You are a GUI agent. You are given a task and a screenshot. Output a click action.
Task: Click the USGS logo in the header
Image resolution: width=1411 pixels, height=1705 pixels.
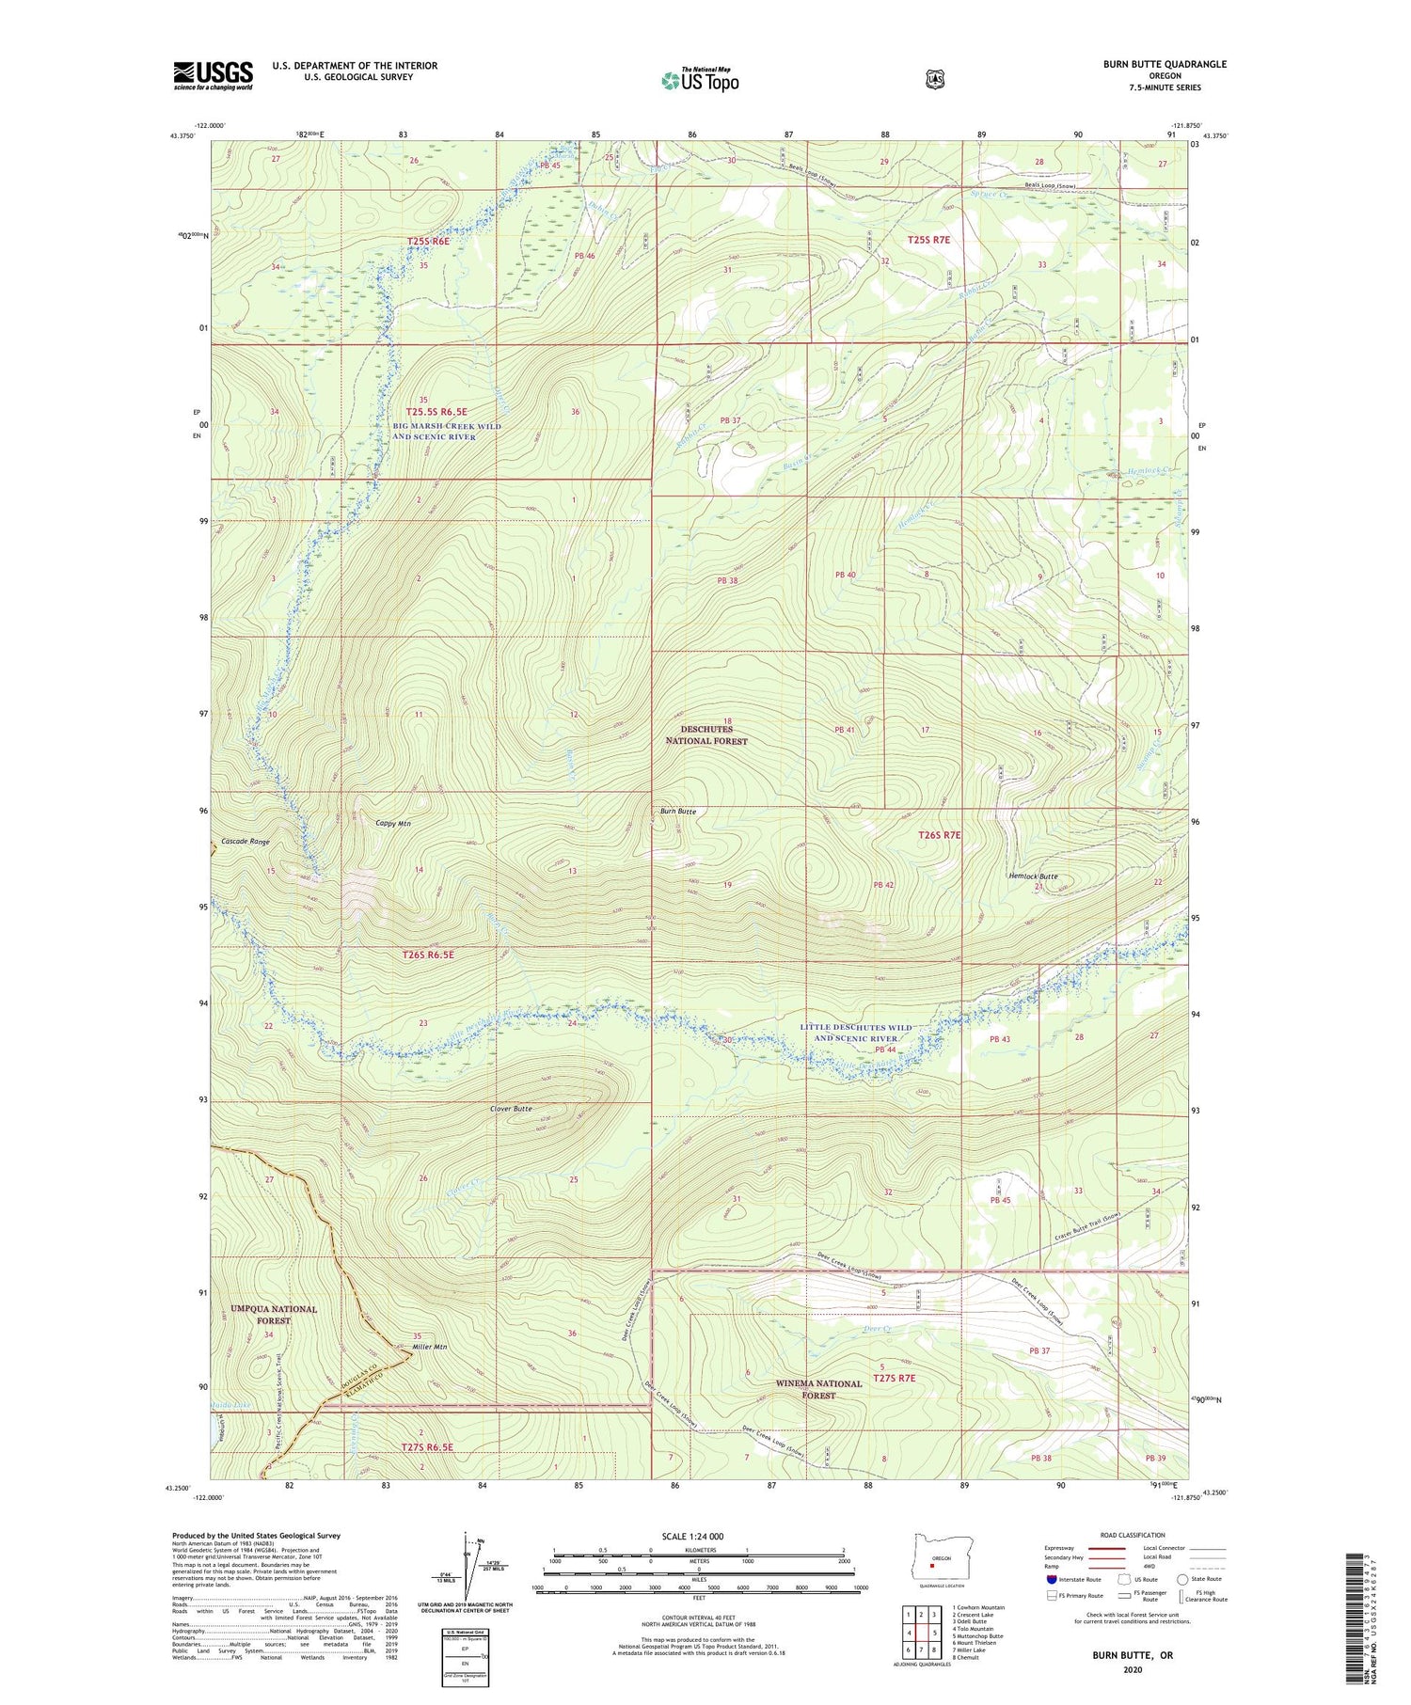[213, 75]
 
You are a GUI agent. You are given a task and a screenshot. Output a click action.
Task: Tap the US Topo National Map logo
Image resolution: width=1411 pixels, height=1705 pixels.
[700, 80]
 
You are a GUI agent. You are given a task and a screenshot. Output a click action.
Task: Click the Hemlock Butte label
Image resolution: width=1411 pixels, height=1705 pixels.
[1033, 876]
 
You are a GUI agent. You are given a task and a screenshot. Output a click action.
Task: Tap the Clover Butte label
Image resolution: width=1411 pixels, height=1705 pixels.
[511, 1109]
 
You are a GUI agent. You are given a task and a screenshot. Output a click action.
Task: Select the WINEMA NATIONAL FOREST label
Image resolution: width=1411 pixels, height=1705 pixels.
[818, 1389]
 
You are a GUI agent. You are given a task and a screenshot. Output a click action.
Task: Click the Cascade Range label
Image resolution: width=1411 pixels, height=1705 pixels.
[246, 842]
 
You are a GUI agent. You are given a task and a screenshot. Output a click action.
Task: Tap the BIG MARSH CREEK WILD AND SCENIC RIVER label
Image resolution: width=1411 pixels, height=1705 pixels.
[447, 432]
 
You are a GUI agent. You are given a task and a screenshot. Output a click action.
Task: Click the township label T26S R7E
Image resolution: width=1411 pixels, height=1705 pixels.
[939, 834]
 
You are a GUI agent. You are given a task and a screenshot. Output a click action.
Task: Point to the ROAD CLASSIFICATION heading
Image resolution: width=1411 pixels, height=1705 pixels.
[1138, 1535]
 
